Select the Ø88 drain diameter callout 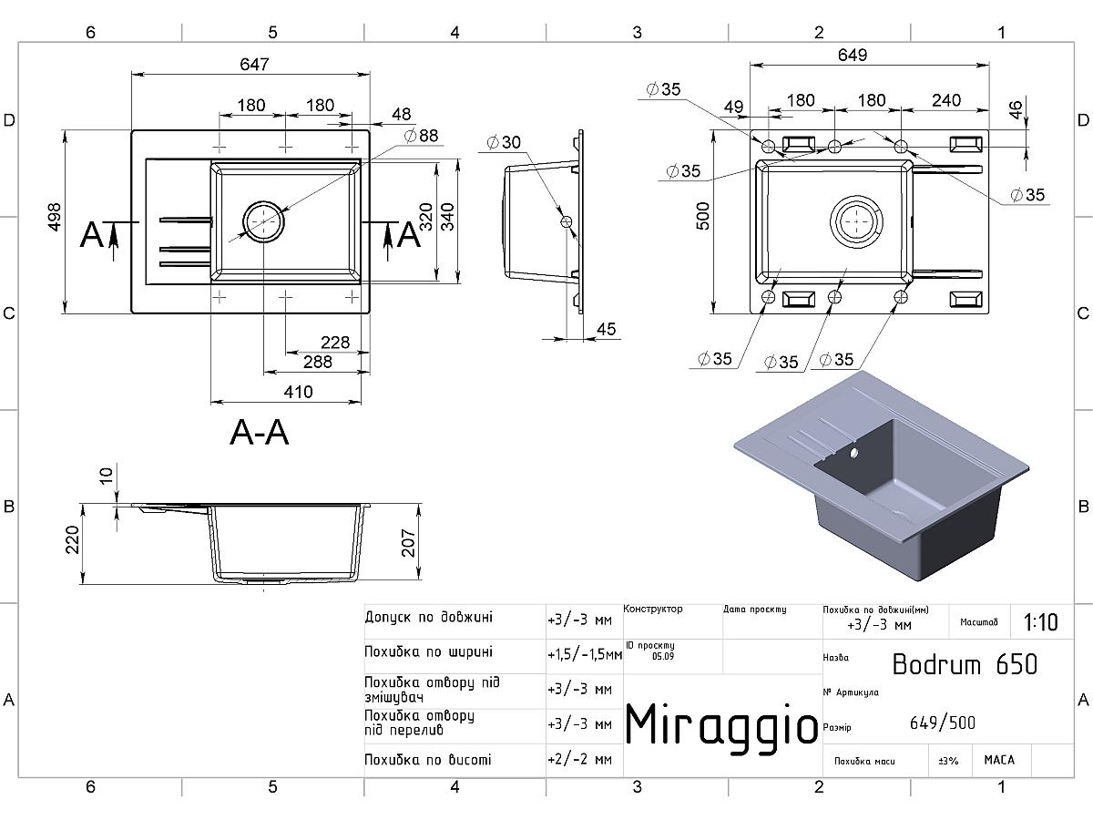click(x=421, y=136)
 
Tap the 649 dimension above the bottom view click(x=851, y=56)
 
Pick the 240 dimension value click(x=946, y=100)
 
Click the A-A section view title click(x=259, y=433)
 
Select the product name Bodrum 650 click(x=964, y=664)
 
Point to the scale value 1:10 click(x=1040, y=622)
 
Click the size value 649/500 click(x=942, y=723)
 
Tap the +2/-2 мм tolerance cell click(x=579, y=759)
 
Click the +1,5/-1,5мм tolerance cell click(x=584, y=654)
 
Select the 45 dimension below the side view click(x=606, y=328)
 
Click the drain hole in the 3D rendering click(x=853, y=452)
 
